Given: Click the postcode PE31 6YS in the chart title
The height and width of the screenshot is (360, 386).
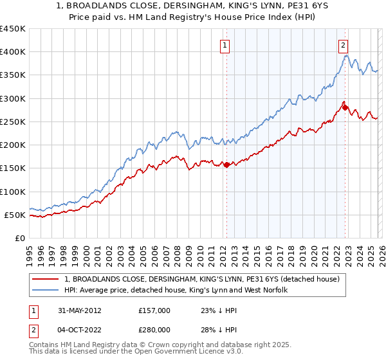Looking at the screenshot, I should point(282,6).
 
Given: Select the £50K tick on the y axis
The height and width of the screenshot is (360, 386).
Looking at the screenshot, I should point(15,215).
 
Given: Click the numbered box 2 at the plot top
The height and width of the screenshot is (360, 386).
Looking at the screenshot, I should point(344,45).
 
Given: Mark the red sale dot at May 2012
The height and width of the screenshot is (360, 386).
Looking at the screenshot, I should point(226,165).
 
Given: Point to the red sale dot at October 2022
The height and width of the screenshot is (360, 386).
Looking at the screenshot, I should point(345,108).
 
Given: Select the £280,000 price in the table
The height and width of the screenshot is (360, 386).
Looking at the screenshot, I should point(154,330).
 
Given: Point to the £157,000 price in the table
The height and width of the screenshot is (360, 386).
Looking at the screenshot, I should point(154,310).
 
